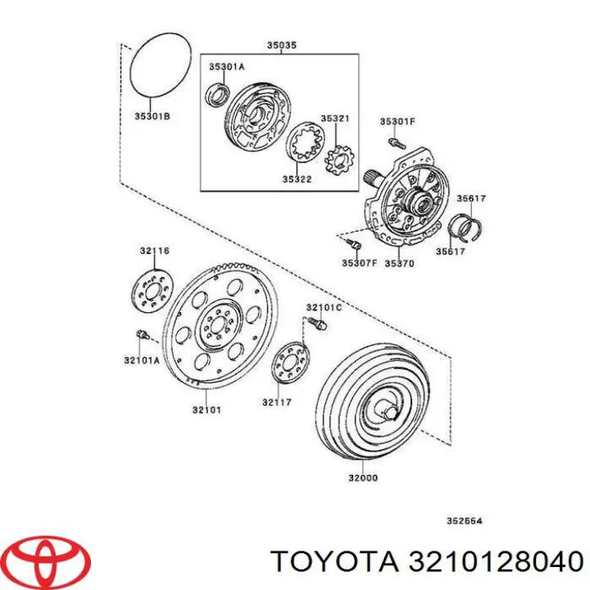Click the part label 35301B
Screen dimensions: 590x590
click(152, 117)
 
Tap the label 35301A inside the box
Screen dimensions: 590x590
click(226, 67)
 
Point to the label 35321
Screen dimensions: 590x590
click(334, 119)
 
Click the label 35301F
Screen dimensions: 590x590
click(397, 122)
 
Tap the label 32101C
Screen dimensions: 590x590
click(324, 307)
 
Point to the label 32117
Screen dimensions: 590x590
click(277, 402)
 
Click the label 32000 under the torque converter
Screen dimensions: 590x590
click(362, 478)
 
